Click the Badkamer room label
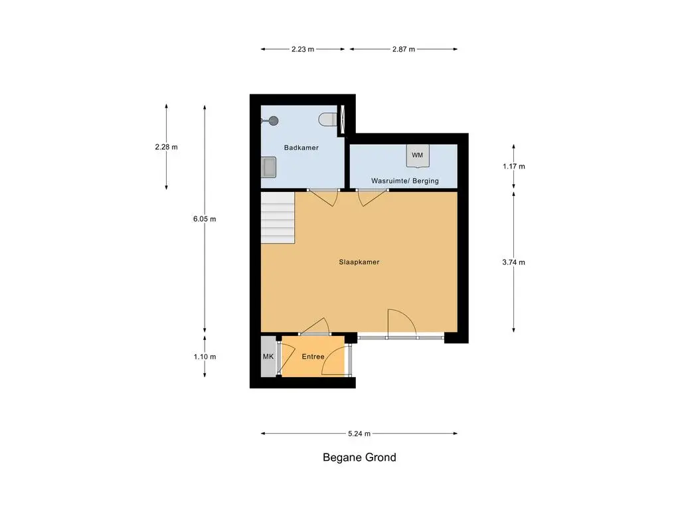(301, 147)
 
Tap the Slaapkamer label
(359, 262)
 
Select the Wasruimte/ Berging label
(404, 181)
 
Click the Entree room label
(313, 357)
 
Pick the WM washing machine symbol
(418, 155)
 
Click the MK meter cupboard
(268, 357)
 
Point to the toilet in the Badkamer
(327, 120)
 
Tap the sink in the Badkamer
(269, 167)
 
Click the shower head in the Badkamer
(273, 121)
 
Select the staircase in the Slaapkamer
(278, 218)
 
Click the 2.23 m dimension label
(303, 49)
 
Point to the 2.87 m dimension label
(404, 49)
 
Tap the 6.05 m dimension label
(205, 219)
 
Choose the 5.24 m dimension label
(359, 433)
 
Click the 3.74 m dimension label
(513, 262)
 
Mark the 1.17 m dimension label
(513, 167)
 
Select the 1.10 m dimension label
(205, 357)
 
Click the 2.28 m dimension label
(166, 147)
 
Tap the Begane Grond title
(359, 458)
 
